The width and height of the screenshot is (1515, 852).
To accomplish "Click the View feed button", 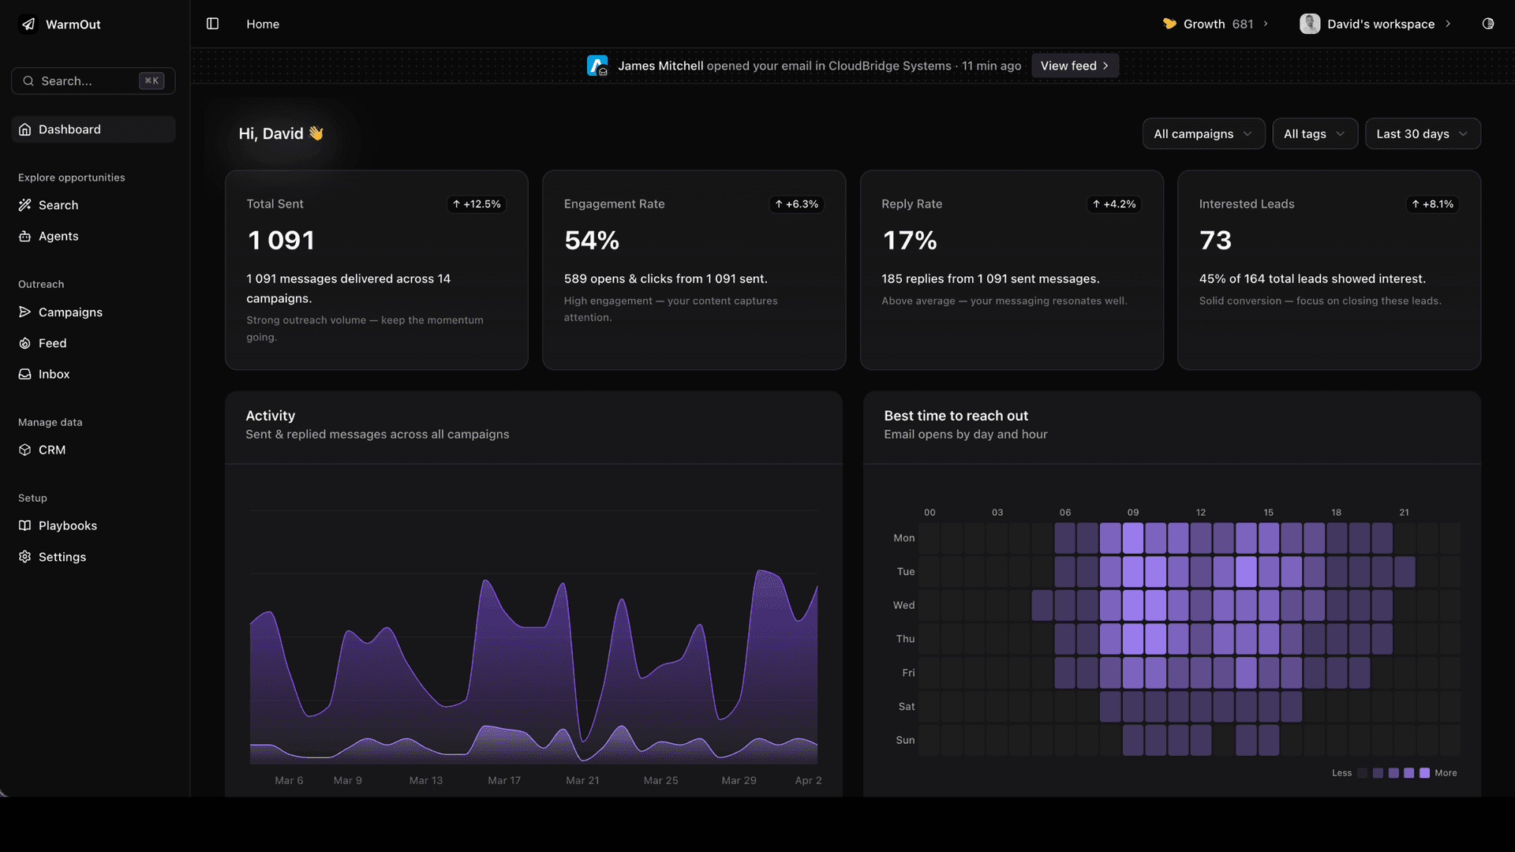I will click(x=1075, y=65).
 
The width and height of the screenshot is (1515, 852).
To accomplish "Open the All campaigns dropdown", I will click(x=1203, y=134).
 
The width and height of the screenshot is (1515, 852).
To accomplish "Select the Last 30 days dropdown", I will click(x=1422, y=134).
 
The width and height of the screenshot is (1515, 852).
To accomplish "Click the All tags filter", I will click(x=1314, y=134).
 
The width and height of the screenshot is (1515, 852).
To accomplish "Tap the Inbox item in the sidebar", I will click(x=54, y=374).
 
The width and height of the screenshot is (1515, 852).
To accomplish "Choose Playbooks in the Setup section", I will click(x=67, y=525).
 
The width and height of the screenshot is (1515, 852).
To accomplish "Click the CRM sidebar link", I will click(x=52, y=450).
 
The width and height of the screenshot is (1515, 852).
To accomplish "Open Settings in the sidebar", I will click(x=62, y=557).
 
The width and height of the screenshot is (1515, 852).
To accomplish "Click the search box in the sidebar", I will click(x=93, y=80).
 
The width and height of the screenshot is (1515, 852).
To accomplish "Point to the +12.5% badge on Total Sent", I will click(x=477, y=204).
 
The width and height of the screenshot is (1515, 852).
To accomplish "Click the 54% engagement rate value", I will click(x=592, y=241).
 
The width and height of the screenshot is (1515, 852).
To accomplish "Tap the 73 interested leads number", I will click(x=1215, y=241).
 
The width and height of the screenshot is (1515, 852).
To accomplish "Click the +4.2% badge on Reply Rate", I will click(x=1114, y=204).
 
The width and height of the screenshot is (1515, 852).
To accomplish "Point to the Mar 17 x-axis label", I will click(x=504, y=780).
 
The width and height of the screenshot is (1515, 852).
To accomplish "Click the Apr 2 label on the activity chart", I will click(x=808, y=780).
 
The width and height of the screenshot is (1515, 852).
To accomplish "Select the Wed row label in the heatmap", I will click(x=903, y=605).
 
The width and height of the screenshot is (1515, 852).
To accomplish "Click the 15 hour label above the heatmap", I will click(x=1268, y=513).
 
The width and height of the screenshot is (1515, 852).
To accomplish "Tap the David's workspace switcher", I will click(x=1375, y=24).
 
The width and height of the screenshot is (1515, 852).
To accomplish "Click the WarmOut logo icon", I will click(x=28, y=24).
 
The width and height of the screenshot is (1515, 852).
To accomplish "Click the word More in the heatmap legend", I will click(x=1446, y=773).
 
